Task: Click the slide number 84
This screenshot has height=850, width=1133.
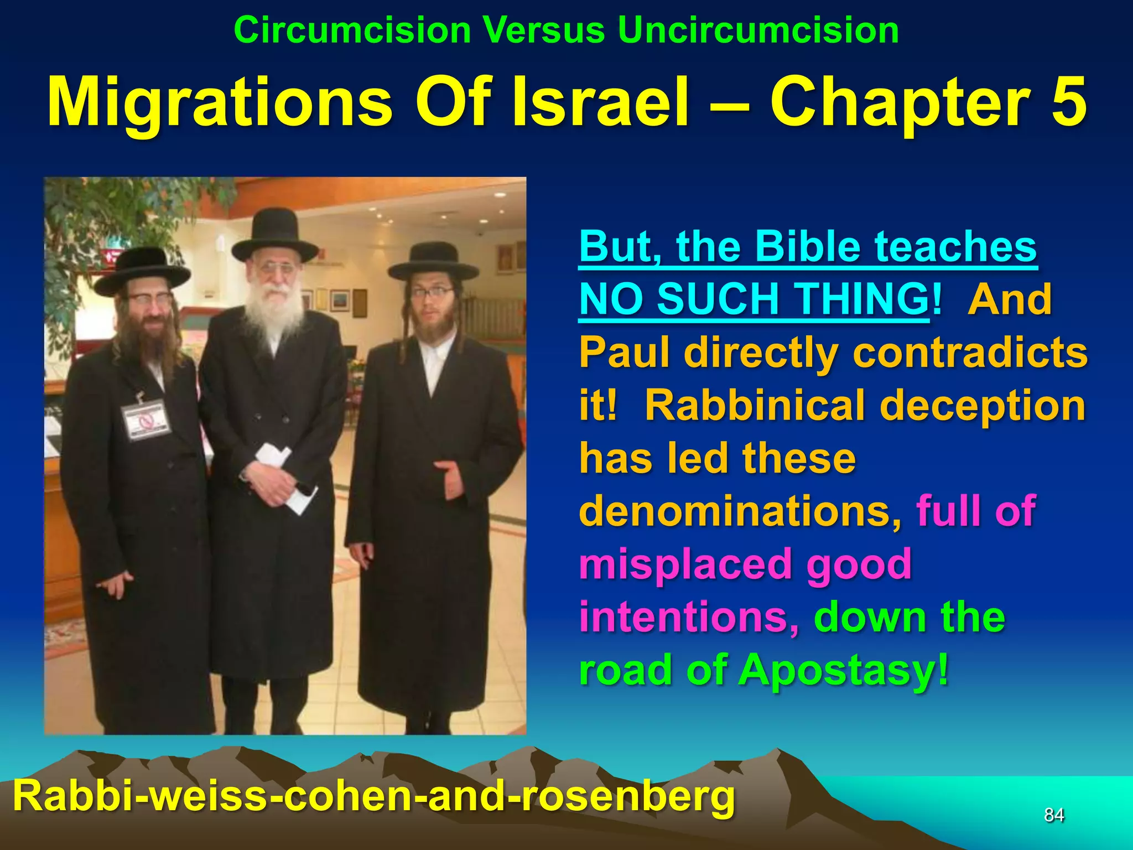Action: point(1054,815)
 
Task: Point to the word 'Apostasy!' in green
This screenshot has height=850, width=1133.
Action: point(843,670)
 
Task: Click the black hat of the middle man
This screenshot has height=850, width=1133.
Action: point(275,235)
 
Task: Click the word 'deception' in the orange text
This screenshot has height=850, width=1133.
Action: point(982,405)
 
